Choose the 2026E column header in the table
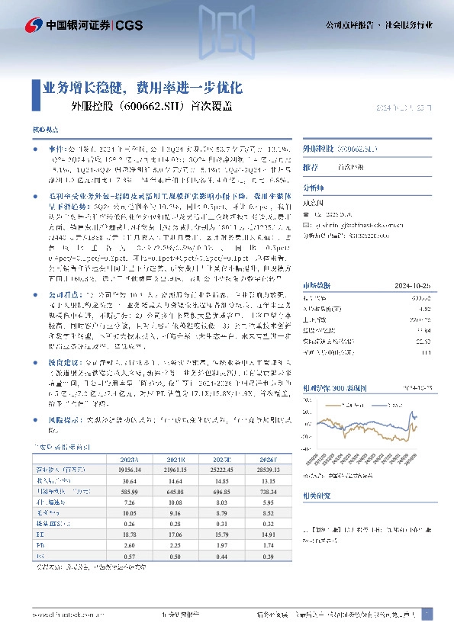[269, 460]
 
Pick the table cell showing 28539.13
[269, 470]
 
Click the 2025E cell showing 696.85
[221, 492]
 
